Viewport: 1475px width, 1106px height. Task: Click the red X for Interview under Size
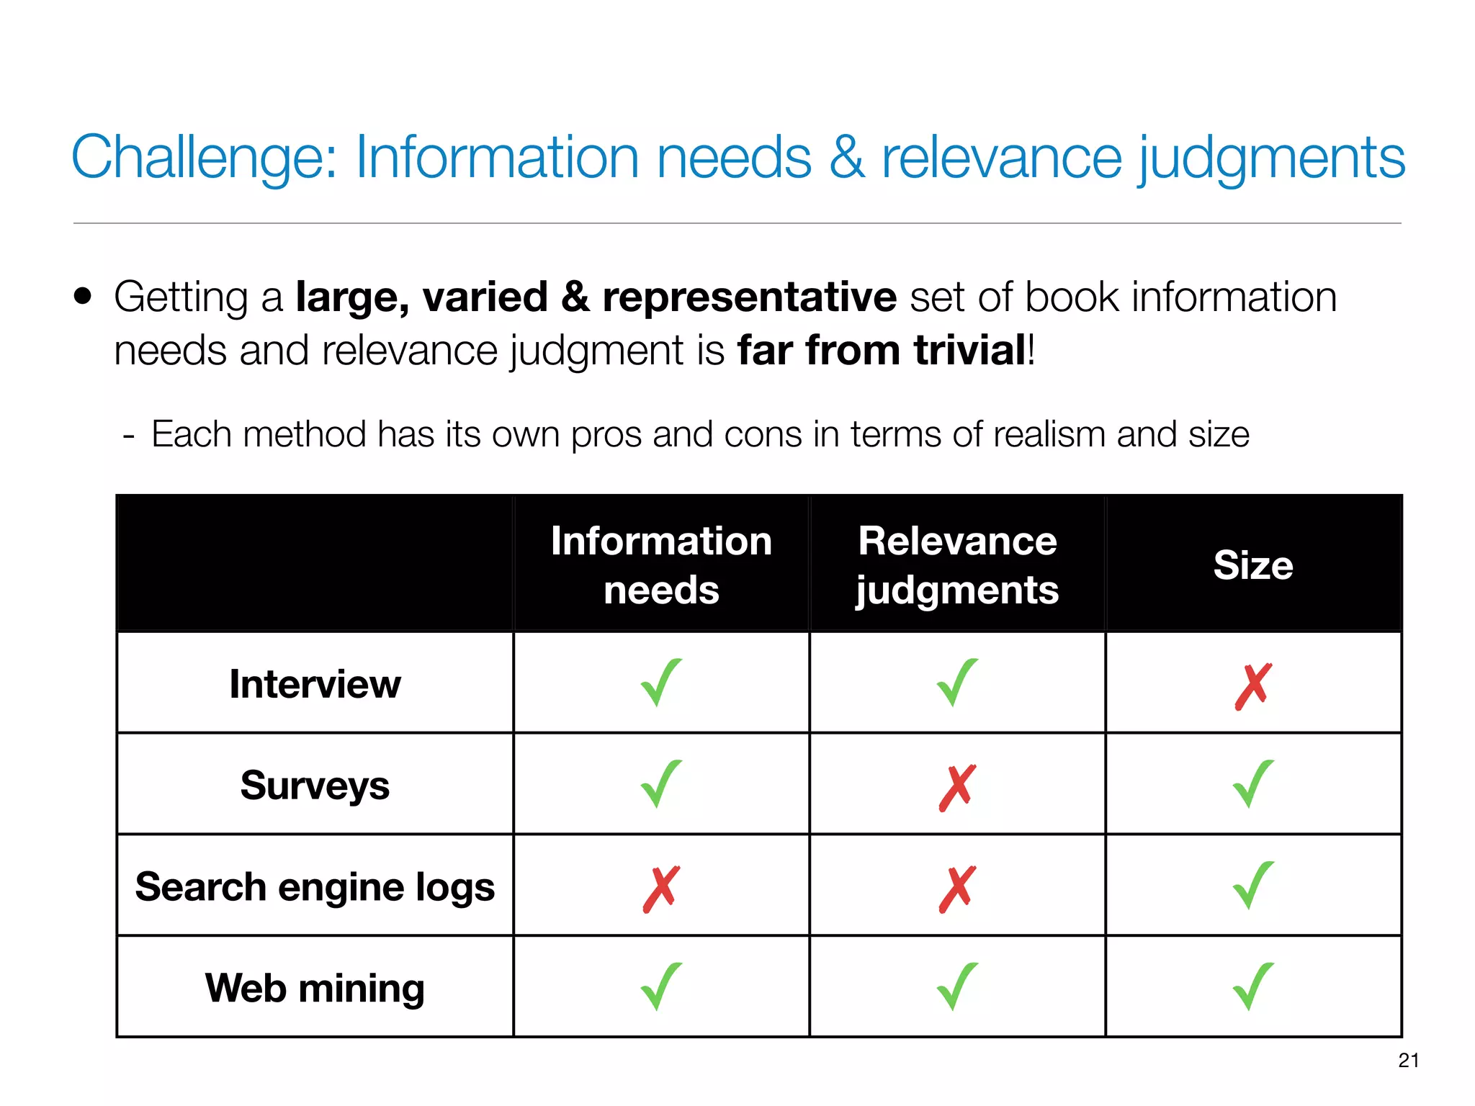pyautogui.click(x=1253, y=685)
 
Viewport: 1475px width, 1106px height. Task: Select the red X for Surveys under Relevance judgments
pyautogui.click(x=957, y=787)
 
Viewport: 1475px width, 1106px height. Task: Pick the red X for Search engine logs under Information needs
pyautogui.click(x=661, y=889)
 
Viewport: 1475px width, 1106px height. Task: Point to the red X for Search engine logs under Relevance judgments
pyautogui.click(x=957, y=889)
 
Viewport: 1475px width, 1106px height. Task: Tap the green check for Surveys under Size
pyautogui.click(x=1253, y=784)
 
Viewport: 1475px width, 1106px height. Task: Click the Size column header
pyautogui.click(x=1253, y=565)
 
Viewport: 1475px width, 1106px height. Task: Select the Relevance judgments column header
pyautogui.click(x=957, y=565)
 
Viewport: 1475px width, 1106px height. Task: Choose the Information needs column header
pyautogui.click(x=661, y=565)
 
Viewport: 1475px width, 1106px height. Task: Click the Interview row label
pyautogui.click(x=315, y=683)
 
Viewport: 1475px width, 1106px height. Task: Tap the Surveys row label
pyautogui.click(x=315, y=785)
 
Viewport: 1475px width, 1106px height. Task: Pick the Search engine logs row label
pyautogui.click(x=315, y=886)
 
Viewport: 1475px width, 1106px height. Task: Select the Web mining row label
pyautogui.click(x=315, y=987)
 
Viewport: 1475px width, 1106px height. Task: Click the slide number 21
pyautogui.click(x=1409, y=1060)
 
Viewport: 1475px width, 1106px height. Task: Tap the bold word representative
pyautogui.click(x=749, y=297)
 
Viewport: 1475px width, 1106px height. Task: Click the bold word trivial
pyautogui.click(x=969, y=351)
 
